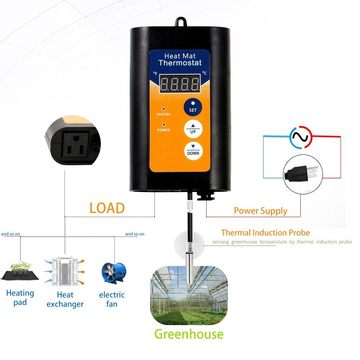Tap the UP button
[x=193, y=129]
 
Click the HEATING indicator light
[x=164, y=108]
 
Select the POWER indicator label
[x=164, y=130]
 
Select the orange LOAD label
[x=107, y=208]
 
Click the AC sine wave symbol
[x=300, y=137]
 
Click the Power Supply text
[x=261, y=211]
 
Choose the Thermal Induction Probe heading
[x=265, y=233]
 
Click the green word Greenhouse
[x=189, y=334]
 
